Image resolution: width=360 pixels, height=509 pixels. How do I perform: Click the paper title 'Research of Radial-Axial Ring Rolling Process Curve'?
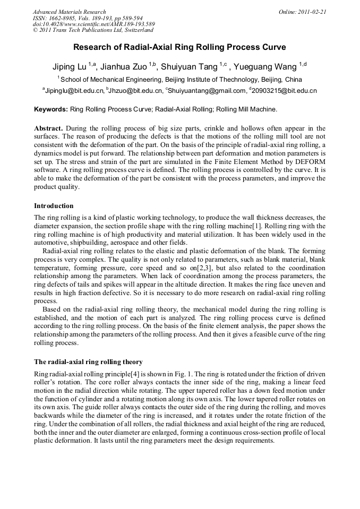[179, 47]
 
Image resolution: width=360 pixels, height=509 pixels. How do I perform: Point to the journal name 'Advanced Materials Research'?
[69, 12]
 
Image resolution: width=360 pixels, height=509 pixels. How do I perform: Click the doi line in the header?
[93, 24]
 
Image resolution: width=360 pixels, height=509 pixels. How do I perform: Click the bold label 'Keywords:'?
[51, 109]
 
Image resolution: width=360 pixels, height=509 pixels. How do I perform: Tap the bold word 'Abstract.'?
[49, 128]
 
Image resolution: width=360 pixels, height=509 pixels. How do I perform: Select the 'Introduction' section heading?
[54, 206]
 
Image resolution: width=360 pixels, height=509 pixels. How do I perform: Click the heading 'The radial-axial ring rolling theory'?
[88, 363]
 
